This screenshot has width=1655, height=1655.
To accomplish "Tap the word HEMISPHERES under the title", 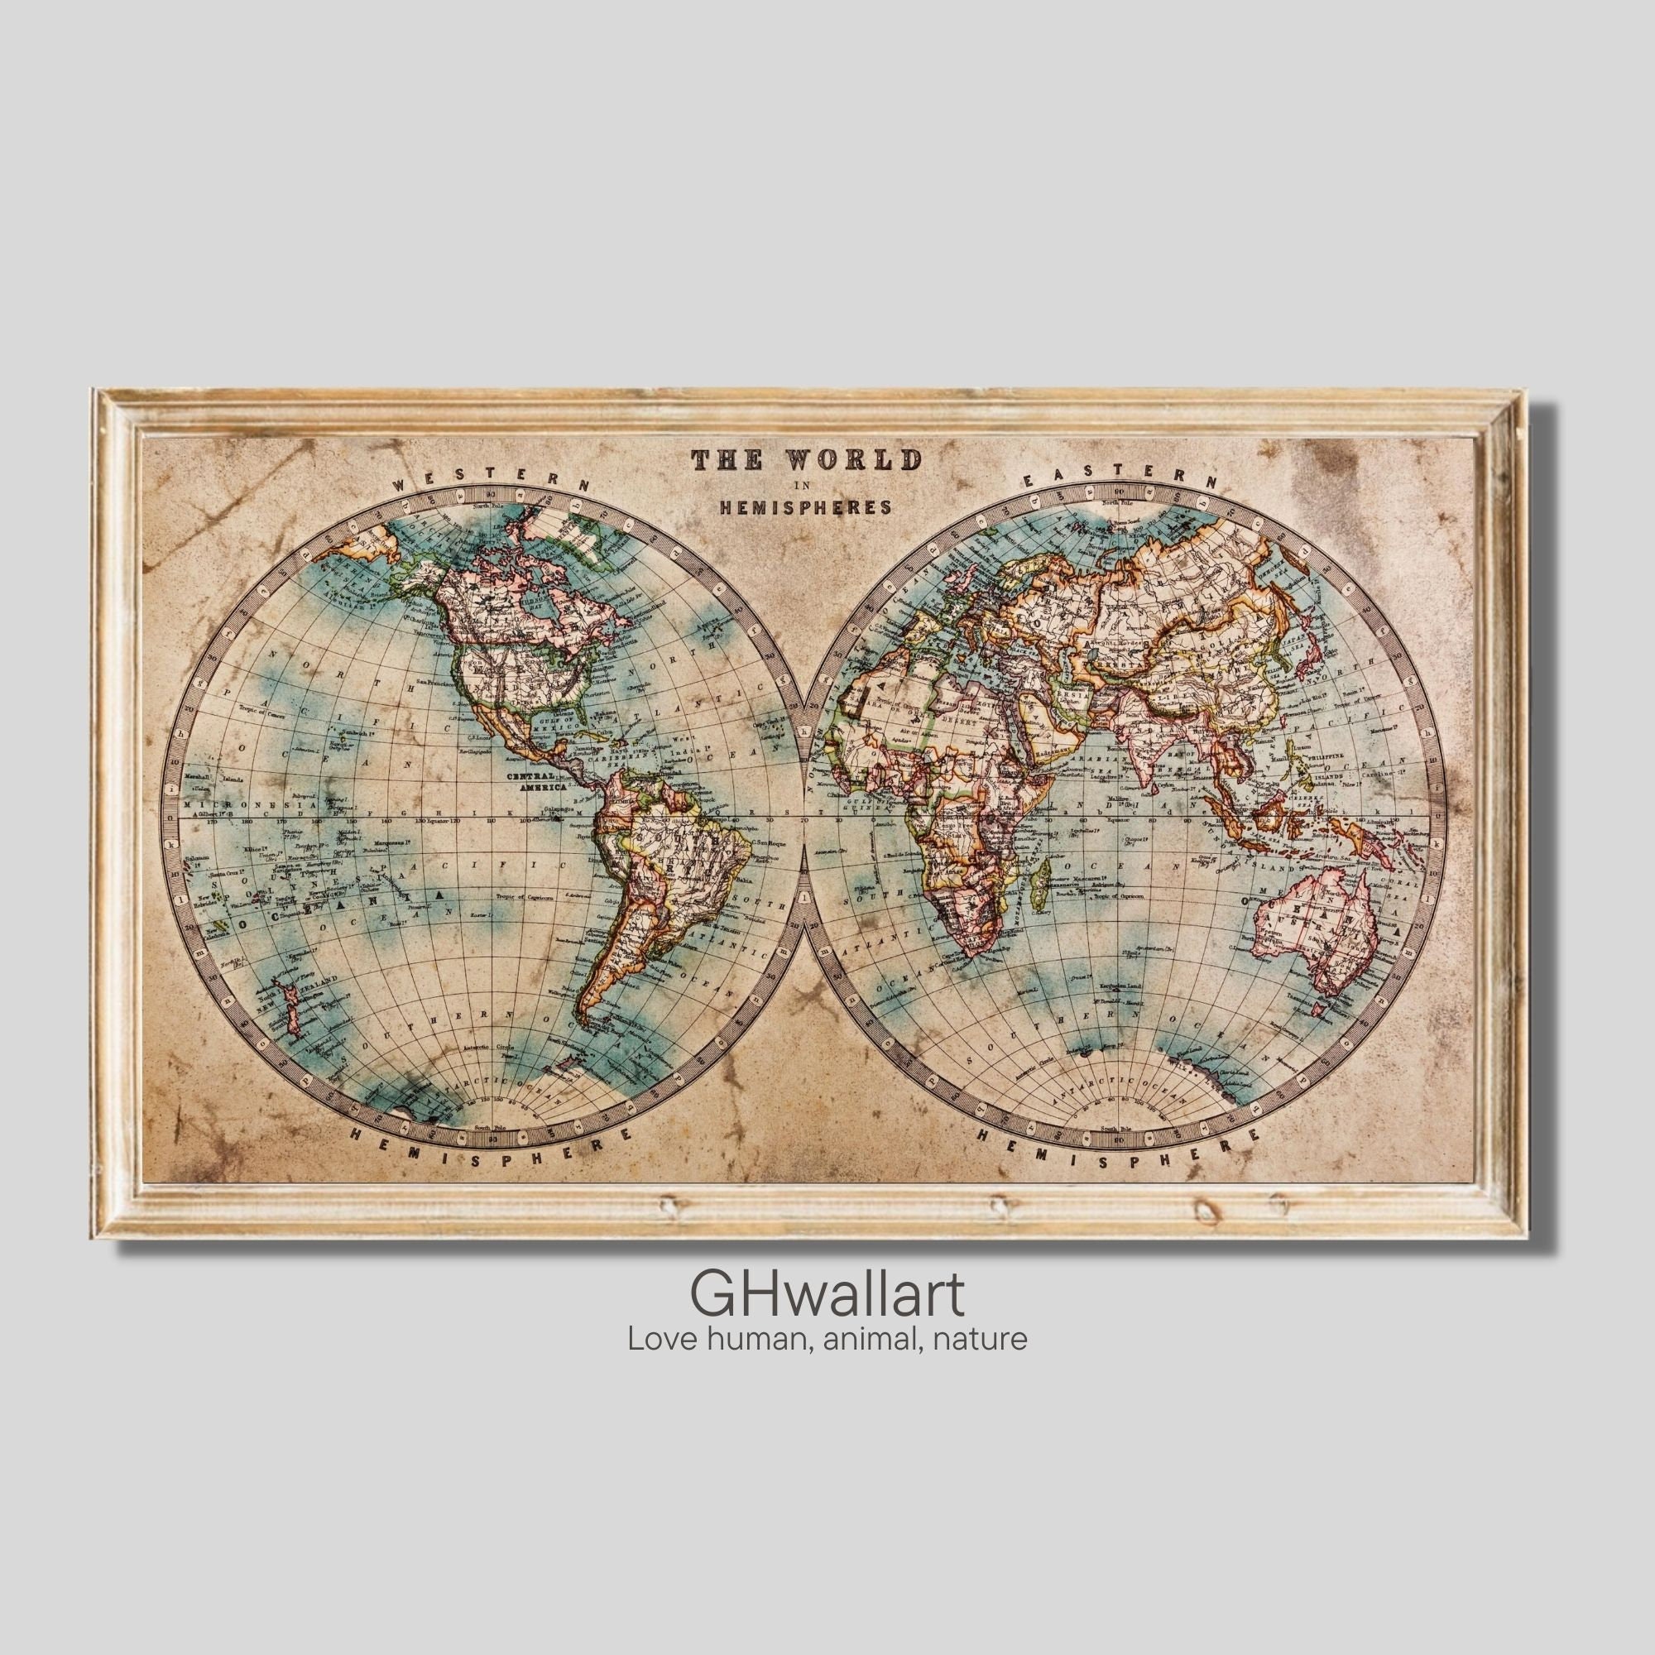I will pos(805,507).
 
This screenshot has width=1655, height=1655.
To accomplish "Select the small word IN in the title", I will pos(804,486).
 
